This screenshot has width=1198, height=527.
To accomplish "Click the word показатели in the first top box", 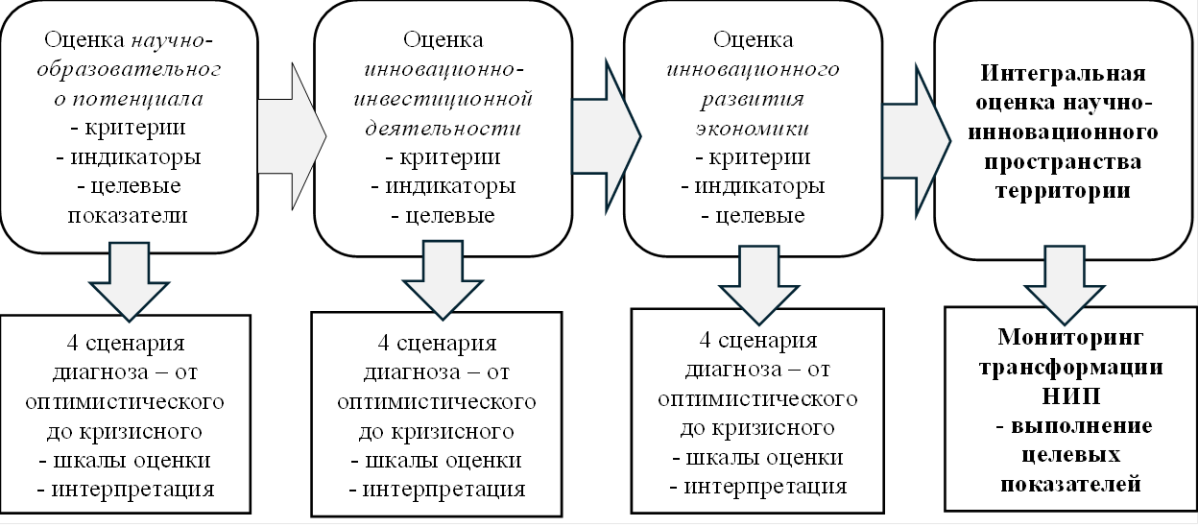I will pos(129,215).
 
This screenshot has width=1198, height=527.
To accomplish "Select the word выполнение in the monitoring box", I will pos(1074,425).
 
